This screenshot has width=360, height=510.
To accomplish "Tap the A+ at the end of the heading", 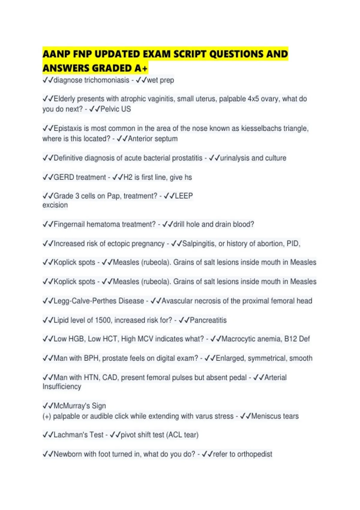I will [x=141, y=68].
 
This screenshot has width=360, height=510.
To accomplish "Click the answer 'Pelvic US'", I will [x=116, y=109].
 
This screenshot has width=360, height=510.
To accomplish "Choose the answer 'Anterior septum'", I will [x=153, y=139].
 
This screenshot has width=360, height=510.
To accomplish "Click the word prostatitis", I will [x=185, y=158].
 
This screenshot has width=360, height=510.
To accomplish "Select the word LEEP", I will [x=184, y=196].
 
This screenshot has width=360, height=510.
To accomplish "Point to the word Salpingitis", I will [x=199, y=244].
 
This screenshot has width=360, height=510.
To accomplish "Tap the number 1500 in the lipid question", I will [x=103, y=320].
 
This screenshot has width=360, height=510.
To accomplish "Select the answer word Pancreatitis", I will [x=208, y=320].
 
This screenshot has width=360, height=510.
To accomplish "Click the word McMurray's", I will [x=72, y=406].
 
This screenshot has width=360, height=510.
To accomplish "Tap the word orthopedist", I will [x=255, y=454].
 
